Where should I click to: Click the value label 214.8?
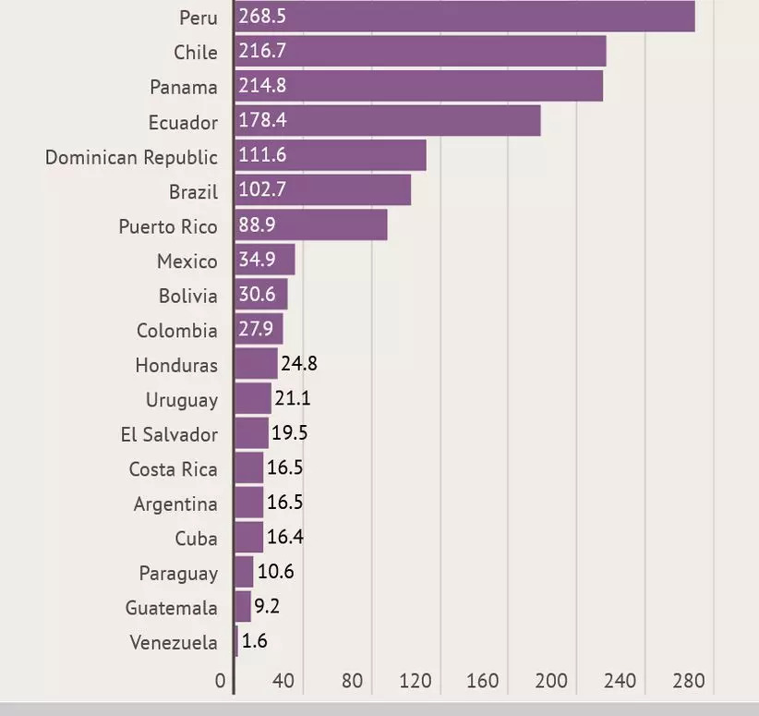click(x=262, y=86)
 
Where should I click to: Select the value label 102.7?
click(x=262, y=190)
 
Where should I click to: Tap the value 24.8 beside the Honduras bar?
click(x=299, y=363)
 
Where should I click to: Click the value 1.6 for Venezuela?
click(x=254, y=641)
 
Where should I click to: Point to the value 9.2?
click(x=268, y=607)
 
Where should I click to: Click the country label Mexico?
click(x=187, y=261)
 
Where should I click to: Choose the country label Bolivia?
click(x=187, y=296)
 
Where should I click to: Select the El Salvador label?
click(x=169, y=434)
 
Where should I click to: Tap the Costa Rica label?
click(x=173, y=469)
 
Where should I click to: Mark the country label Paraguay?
click(x=178, y=573)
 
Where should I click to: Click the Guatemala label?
click(x=172, y=608)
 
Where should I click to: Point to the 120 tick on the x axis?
click(x=416, y=682)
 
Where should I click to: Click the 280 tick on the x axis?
click(x=689, y=682)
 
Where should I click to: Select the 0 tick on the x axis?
click(x=220, y=682)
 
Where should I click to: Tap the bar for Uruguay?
click(x=252, y=399)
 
